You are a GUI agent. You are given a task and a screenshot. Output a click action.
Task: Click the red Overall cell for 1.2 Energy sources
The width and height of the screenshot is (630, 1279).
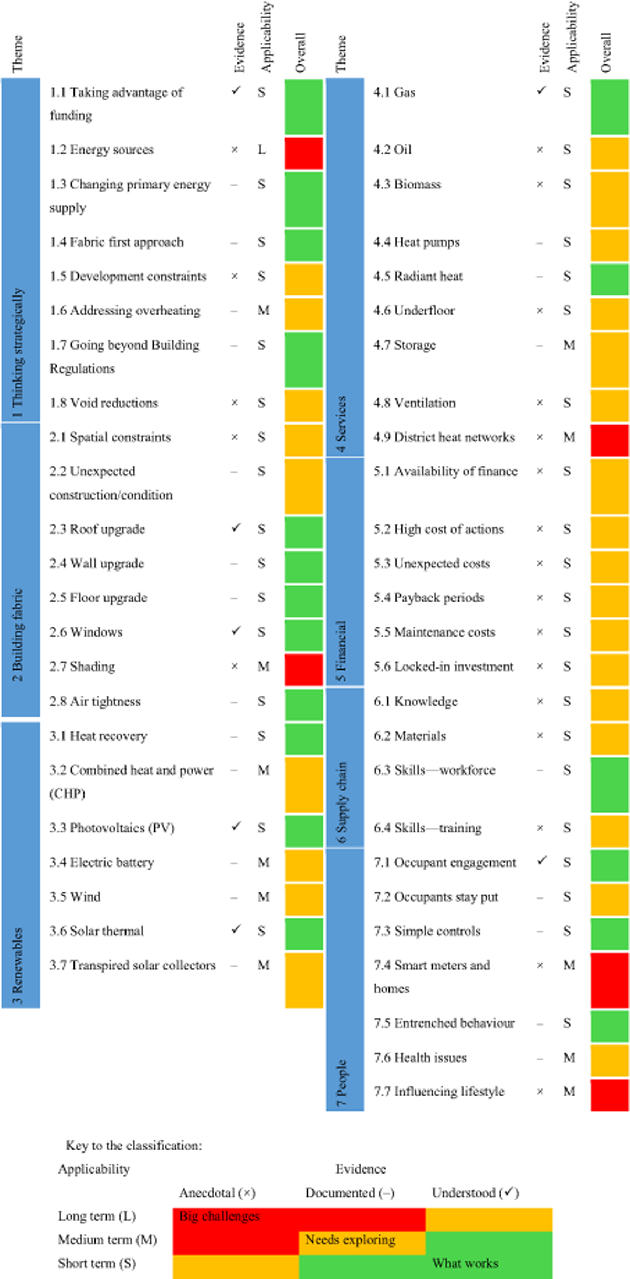pos(303,153)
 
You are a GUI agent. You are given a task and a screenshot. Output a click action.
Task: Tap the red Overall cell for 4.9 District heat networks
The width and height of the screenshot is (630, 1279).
pos(609,440)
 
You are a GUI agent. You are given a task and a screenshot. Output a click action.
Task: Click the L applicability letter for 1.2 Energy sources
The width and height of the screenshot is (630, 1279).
pos(261,150)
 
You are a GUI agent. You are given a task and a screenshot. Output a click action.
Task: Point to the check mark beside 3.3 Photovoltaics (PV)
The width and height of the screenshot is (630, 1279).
pos(236,826)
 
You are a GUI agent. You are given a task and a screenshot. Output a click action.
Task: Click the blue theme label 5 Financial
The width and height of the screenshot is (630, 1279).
pos(342,651)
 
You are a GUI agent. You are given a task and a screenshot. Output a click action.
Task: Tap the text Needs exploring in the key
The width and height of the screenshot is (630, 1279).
pos(350,1239)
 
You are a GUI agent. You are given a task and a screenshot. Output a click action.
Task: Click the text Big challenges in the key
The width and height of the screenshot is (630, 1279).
pos(219,1215)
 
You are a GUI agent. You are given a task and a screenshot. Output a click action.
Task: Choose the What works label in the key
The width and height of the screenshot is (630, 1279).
pos(465,1263)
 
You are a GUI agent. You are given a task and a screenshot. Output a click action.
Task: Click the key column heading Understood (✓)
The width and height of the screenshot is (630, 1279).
pos(475,1192)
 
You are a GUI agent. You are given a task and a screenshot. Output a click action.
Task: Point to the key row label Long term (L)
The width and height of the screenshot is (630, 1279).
pos(97,1215)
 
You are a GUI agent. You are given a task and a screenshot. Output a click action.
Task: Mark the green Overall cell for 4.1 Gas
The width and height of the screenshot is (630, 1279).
pos(609,107)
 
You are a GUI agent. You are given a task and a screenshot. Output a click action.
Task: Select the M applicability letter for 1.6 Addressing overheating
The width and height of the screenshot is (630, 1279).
pos(263,311)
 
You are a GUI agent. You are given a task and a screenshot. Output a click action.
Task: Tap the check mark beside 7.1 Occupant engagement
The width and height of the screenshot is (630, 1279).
pos(542,861)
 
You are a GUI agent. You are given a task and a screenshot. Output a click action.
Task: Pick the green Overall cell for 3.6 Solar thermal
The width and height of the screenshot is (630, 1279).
pos(303,934)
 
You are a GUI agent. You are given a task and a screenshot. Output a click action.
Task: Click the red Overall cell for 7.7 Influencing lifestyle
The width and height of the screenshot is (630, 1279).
pos(609,1095)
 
